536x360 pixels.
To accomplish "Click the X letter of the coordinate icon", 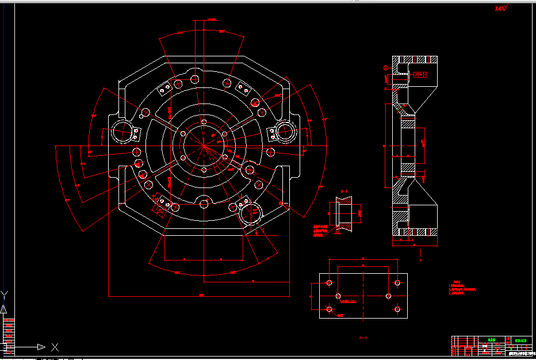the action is pyautogui.click(x=55, y=347).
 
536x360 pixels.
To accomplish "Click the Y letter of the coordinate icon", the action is pyautogui.click(x=5, y=295).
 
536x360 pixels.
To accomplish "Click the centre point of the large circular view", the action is pyautogui.click(x=204, y=147).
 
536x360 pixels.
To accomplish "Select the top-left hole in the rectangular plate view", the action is pyautogui.click(x=329, y=283).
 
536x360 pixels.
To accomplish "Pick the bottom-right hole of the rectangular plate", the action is pyautogui.click(x=397, y=309).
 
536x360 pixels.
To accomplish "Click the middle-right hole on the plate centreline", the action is pyautogui.click(x=389, y=296).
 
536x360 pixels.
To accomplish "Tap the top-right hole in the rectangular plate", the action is pyautogui.click(x=397, y=283).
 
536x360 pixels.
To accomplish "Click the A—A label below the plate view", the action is pyautogui.click(x=362, y=338).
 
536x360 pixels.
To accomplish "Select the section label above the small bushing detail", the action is pyautogui.click(x=344, y=191).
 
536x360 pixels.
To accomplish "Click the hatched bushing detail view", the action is pyautogui.click(x=344, y=214).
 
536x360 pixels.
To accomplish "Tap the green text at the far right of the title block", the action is pyautogui.click(x=522, y=340).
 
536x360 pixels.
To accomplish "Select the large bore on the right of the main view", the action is pyautogui.click(x=286, y=132).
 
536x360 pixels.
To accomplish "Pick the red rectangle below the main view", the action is pyautogui.click(x=203, y=247).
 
